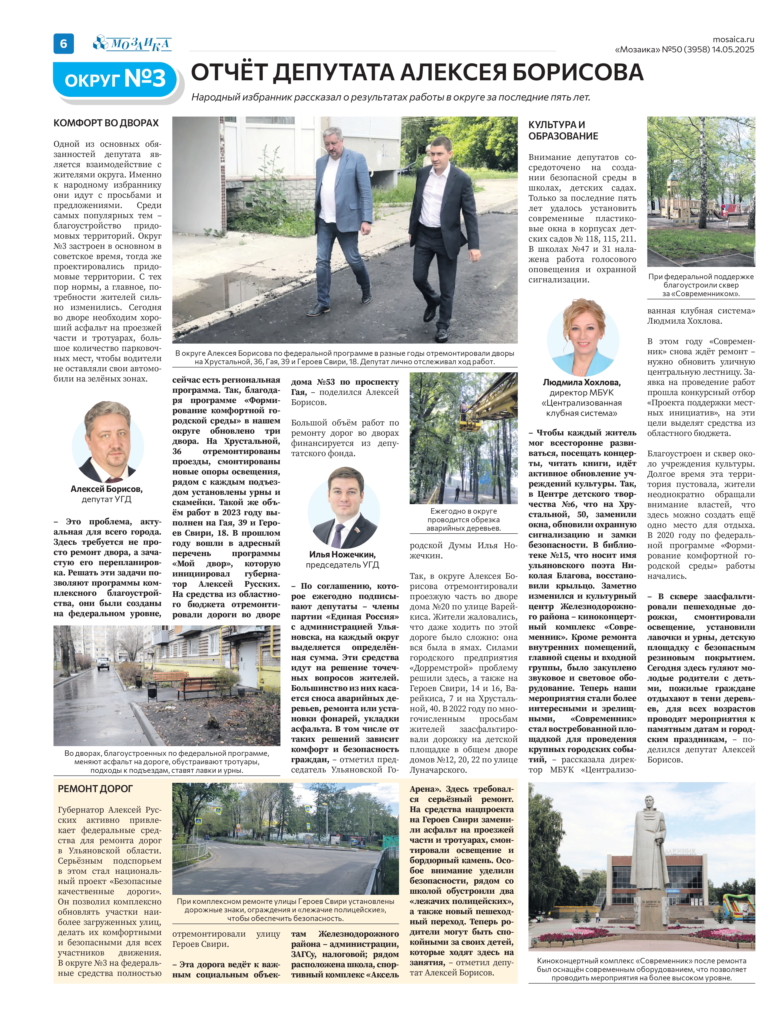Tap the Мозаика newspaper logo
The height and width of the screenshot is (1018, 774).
click(x=133, y=44)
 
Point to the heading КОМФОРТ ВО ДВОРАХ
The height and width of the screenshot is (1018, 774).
click(x=106, y=123)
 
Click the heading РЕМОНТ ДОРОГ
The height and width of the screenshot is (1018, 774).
click(x=95, y=789)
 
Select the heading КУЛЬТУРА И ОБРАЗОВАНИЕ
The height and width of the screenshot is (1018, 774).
click(x=563, y=130)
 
